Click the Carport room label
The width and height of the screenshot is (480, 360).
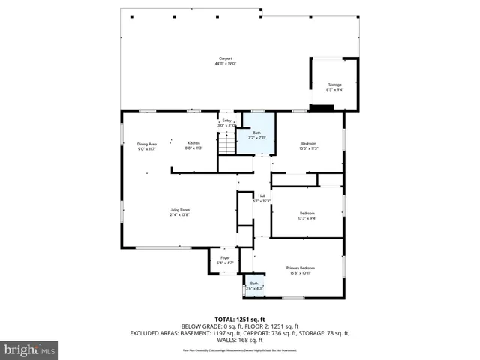point(225,58)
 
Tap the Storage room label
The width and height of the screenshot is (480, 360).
point(334,85)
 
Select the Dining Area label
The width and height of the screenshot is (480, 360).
point(146,143)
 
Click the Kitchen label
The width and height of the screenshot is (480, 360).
point(193,143)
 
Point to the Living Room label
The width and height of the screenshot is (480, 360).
point(178,209)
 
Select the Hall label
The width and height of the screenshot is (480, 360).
point(262,196)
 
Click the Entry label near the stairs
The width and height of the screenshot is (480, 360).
point(226,120)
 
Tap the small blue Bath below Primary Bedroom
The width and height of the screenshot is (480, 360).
point(254,283)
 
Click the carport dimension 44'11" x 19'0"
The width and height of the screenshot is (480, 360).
point(225,64)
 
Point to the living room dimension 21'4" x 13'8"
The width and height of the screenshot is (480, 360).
point(178,214)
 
